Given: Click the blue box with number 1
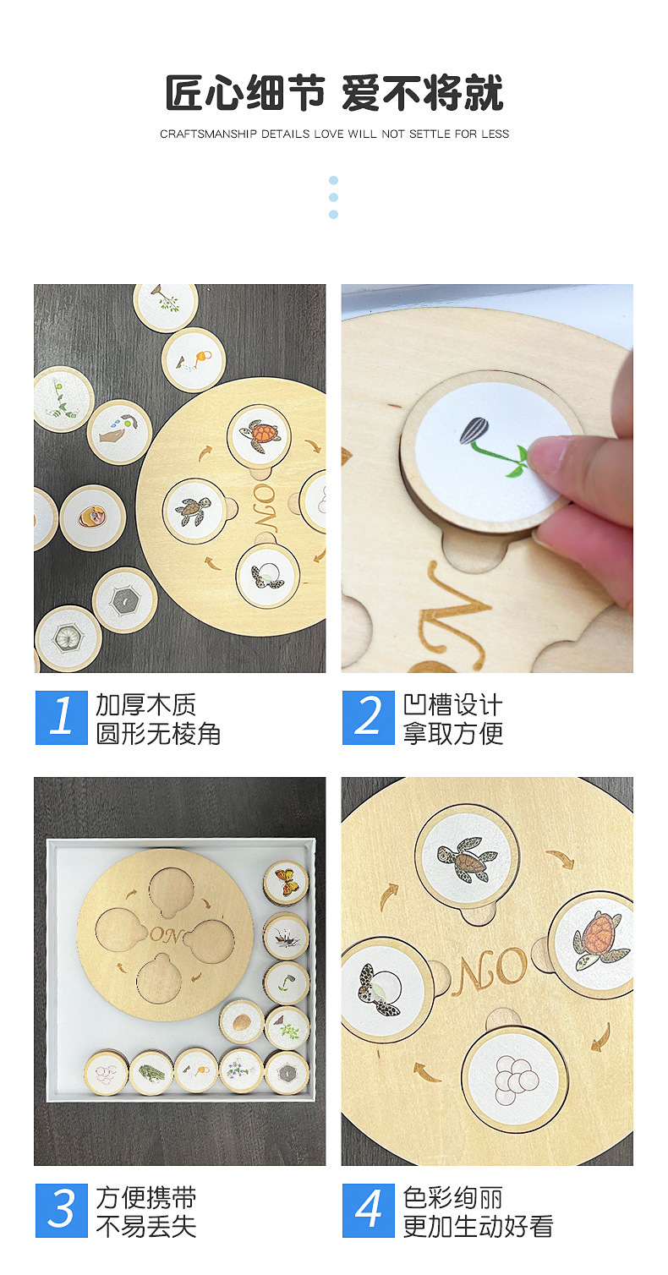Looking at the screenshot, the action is click(x=62, y=717).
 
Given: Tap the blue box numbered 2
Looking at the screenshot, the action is click(x=369, y=717).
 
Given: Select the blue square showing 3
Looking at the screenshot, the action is click(x=62, y=1210).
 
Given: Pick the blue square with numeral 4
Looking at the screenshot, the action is click(x=369, y=1210).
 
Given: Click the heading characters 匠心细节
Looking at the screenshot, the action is click(x=245, y=93).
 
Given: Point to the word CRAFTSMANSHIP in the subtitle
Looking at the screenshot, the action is click(x=208, y=134).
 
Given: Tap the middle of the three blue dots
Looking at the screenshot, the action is click(x=334, y=198).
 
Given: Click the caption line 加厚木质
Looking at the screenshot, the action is click(x=145, y=704).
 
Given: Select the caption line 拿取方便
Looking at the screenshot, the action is click(x=453, y=733).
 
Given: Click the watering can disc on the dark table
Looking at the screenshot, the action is click(x=194, y=359).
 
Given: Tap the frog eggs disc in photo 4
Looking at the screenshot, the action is click(x=513, y=1079).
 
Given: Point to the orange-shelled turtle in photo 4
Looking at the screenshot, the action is click(x=600, y=939).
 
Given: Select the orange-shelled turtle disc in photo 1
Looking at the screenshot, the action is click(x=259, y=436).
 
